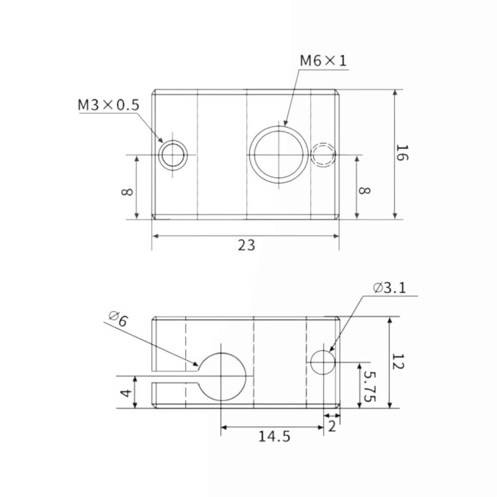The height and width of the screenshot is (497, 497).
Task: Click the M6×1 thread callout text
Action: point(324,61)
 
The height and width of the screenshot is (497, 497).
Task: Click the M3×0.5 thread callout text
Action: point(108,105)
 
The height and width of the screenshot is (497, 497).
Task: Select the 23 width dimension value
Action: point(247,246)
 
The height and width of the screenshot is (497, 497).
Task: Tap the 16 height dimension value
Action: point(402,153)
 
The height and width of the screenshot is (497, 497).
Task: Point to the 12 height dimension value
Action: point(398,362)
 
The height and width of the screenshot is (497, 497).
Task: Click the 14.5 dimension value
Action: point(274,436)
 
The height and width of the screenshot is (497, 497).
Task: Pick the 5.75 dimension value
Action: point(370,386)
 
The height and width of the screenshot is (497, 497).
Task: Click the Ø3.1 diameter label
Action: point(390,288)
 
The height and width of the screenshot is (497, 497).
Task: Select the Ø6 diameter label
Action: point(119,319)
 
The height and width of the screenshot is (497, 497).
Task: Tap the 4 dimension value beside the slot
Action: point(126,393)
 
